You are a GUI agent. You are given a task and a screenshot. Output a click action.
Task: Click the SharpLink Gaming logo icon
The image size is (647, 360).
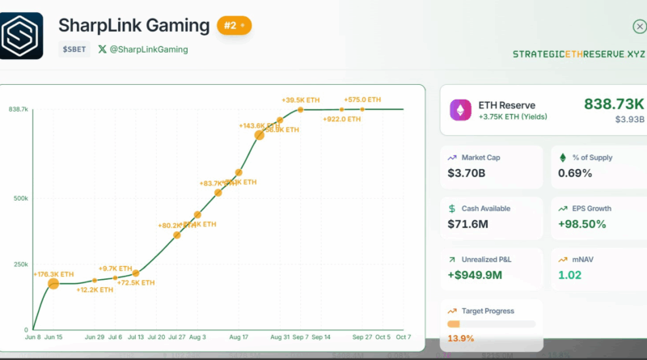[21, 35]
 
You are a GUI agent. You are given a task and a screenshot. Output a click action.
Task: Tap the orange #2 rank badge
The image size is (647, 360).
[234, 26]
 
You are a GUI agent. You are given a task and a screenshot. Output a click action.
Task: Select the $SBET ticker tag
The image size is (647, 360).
[74, 49]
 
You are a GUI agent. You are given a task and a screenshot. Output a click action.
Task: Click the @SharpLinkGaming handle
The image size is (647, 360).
[148, 49]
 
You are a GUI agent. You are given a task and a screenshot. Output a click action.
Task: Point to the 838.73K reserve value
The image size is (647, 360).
[614, 104]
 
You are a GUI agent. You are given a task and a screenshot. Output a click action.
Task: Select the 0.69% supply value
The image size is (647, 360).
[576, 173]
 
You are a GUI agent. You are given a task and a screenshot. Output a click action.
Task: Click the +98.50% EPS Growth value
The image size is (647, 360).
[582, 224]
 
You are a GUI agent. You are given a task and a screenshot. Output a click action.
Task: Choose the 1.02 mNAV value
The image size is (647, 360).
[569, 275]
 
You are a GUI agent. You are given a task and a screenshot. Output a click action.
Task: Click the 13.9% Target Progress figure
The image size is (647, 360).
[460, 338]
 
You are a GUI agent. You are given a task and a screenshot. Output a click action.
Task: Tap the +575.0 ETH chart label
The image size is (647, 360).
[362, 100]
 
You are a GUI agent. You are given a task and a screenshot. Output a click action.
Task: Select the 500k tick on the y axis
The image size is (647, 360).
[19, 198]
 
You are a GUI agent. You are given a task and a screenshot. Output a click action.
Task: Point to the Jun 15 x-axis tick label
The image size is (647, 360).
[55, 337]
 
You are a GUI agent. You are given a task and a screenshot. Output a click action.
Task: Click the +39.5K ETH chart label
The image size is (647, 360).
[300, 100]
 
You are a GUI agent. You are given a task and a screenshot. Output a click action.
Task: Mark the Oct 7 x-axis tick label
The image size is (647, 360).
[403, 337]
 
